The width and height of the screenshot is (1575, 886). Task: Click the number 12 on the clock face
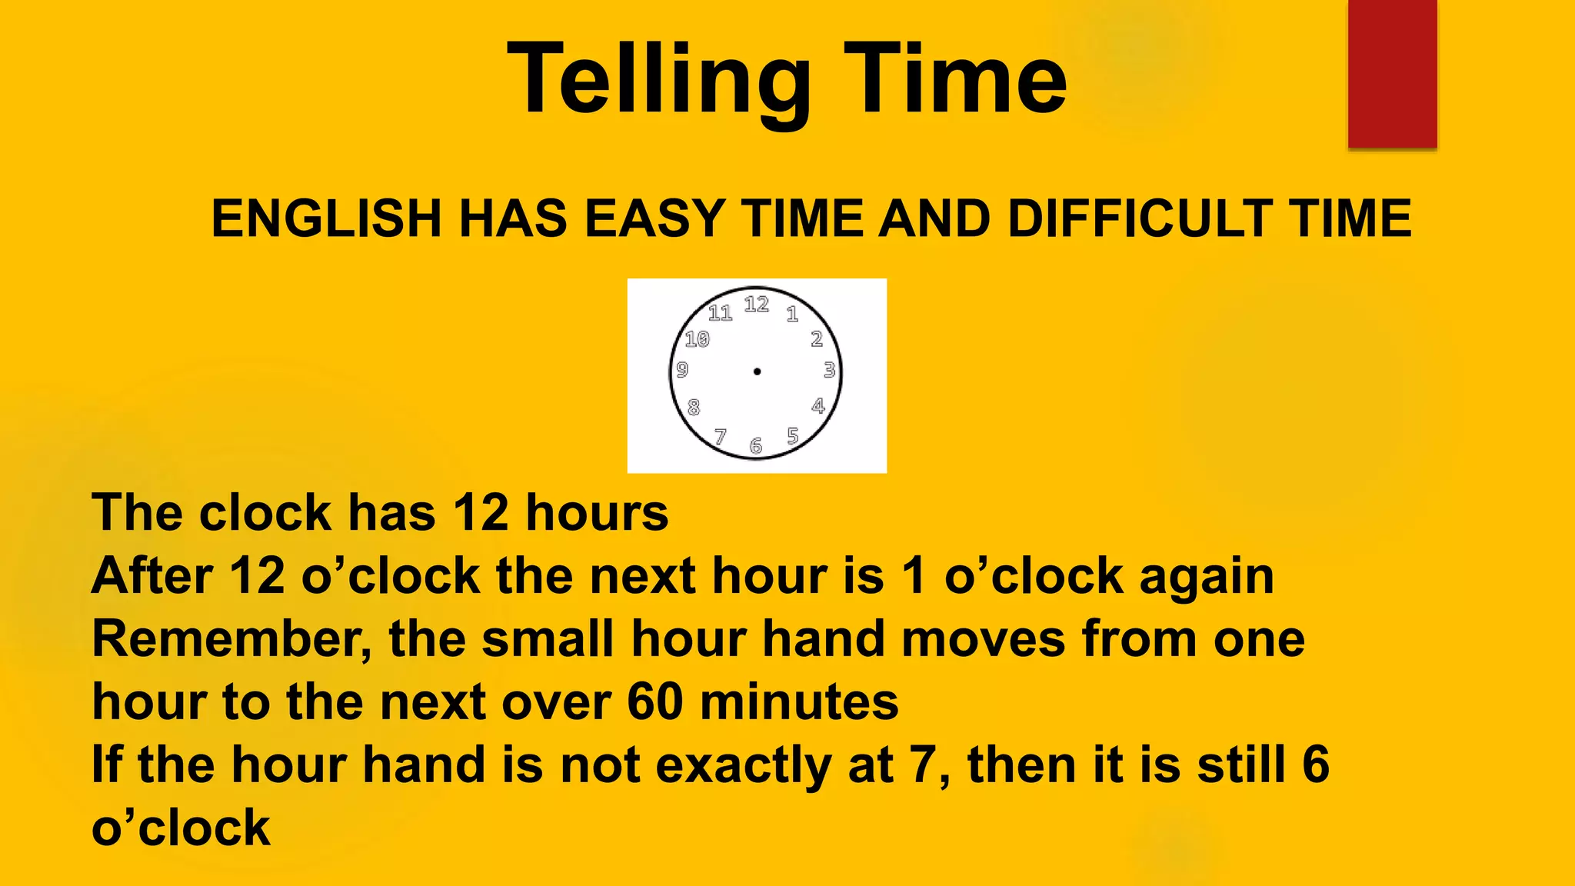coord(757,305)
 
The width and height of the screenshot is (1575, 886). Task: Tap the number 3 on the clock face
coord(829,370)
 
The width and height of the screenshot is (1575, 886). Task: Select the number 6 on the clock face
coord(756,446)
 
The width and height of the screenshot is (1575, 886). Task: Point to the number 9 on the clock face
coord(682,370)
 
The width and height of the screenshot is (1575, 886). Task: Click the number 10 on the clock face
coord(698,339)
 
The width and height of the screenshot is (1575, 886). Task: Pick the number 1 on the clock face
coord(792,314)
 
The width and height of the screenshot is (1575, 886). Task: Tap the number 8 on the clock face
coord(694,407)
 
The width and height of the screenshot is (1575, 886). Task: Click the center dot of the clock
coord(757,371)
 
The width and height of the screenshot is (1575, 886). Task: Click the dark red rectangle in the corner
coord(1392,74)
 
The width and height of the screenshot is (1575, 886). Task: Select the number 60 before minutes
coord(655,701)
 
